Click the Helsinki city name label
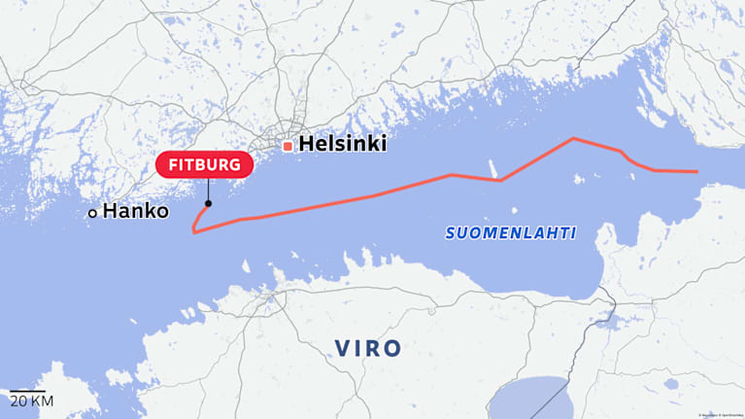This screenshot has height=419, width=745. click(343, 144)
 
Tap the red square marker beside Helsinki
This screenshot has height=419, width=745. click(288, 146)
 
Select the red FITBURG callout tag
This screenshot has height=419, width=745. click(204, 165)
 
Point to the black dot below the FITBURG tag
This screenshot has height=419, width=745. click(208, 204)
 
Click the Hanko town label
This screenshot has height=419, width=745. click(136, 210)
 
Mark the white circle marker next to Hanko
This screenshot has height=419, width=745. click(92, 212)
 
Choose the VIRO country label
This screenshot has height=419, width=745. click(367, 348)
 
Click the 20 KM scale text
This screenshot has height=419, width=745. click(31, 402)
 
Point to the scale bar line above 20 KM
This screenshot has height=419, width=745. click(31, 391)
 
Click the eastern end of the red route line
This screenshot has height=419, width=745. click(696, 172)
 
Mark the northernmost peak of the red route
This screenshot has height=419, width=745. click(573, 138)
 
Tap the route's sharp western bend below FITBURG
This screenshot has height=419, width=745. click(194, 232)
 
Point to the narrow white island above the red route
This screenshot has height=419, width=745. click(493, 166)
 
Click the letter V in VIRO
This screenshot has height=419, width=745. click(342, 348)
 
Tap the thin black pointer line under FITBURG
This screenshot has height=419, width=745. click(208, 191)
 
